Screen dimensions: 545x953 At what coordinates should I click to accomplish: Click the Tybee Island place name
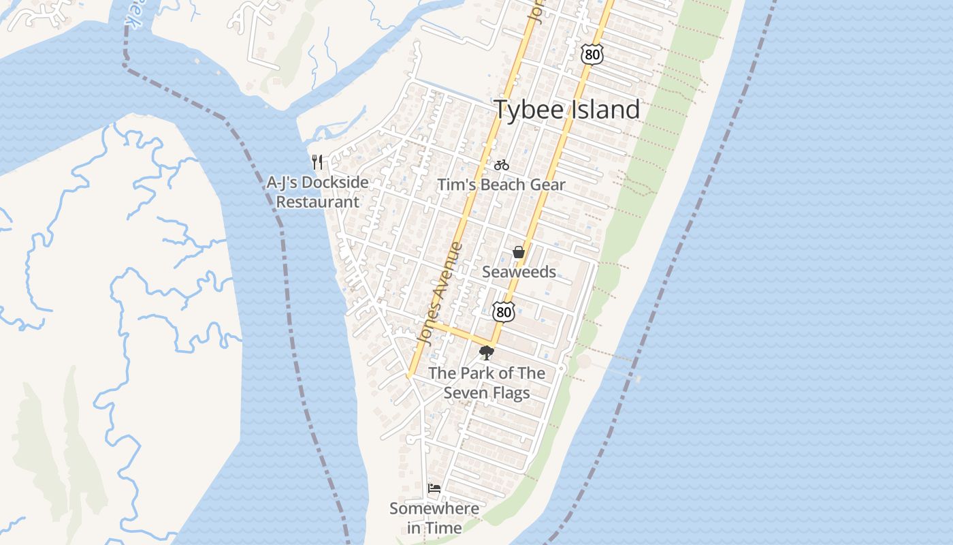[566, 110]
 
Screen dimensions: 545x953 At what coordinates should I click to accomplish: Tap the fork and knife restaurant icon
[317, 162]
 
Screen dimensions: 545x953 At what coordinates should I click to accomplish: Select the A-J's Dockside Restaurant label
[318, 192]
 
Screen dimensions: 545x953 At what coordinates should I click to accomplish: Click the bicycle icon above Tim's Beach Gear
[502, 165]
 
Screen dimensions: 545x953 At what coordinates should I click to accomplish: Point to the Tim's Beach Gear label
[501, 185]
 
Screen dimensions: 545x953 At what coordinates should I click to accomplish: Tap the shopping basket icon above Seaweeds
[519, 253]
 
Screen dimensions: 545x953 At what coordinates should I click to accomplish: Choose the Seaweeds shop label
[519, 272]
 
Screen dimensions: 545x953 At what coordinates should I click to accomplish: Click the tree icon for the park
[486, 353]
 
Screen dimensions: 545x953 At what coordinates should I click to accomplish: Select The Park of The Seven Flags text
[487, 383]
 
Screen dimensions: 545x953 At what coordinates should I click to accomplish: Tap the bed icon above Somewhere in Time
[434, 488]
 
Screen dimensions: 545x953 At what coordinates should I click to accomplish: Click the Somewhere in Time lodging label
[434, 518]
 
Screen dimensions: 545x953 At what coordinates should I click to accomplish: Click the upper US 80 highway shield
[592, 54]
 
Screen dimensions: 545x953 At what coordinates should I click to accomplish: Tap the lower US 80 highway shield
[503, 312]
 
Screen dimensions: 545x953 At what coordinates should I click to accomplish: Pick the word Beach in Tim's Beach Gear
[505, 185]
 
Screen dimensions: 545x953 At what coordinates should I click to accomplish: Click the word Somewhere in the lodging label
[434, 509]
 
